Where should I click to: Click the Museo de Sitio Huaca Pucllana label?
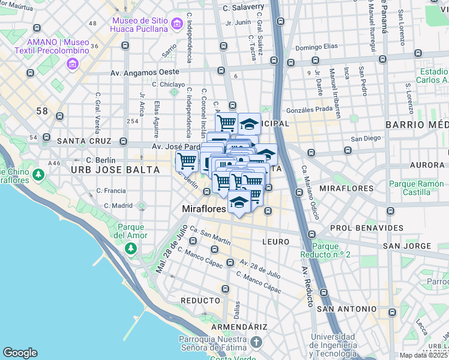click(x=139, y=24)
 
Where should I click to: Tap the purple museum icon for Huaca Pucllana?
click(x=176, y=24)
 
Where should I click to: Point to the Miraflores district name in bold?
click(x=204, y=209)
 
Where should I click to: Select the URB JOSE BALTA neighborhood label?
click(x=115, y=170)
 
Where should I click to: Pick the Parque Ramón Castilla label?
click(x=409, y=188)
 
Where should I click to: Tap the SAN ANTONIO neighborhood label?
click(x=343, y=309)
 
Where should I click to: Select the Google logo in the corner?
click(x=20, y=353)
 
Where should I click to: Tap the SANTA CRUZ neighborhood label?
click(x=84, y=142)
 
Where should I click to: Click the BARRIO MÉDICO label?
click(x=417, y=124)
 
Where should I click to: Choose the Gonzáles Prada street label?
click(x=309, y=109)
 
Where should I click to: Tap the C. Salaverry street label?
click(x=243, y=7)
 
